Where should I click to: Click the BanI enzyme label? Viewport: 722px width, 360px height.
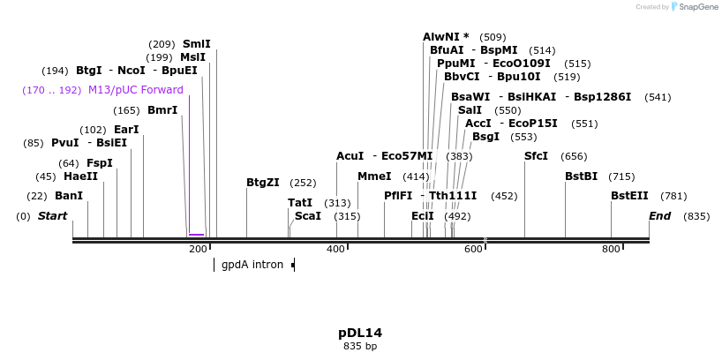68,196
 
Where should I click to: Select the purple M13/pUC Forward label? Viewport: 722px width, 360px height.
135,90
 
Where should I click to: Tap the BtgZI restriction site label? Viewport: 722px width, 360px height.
262,183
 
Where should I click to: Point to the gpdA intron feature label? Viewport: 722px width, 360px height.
252,264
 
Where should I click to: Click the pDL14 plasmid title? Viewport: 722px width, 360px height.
360,333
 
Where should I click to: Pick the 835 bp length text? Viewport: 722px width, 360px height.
360,346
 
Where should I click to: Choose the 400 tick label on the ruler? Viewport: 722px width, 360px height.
336,250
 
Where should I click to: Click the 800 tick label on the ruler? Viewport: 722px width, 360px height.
611,250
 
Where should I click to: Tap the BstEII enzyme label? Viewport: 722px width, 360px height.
629,196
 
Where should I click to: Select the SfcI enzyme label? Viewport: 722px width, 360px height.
536,156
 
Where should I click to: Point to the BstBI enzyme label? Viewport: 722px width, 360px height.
581,176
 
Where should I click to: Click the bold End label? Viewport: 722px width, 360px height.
659,216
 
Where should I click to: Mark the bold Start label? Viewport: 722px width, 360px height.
52,216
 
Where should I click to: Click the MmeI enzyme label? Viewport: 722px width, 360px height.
374,176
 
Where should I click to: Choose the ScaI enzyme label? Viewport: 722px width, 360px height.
308,216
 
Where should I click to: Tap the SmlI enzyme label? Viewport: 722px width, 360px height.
196,43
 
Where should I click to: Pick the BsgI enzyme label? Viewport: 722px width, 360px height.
485,137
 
